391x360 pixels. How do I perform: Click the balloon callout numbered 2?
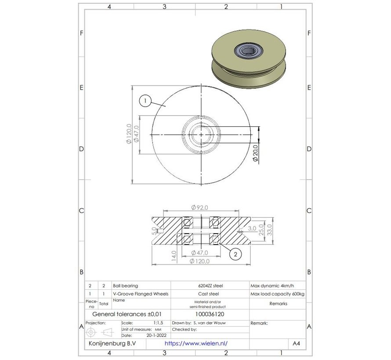(235, 254)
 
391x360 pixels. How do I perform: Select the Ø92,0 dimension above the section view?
(199, 208)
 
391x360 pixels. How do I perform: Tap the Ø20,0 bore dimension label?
(255, 154)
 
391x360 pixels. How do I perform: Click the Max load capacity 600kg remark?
(277, 294)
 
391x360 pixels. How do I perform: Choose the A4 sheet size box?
(297, 344)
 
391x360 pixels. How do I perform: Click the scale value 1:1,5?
(156, 323)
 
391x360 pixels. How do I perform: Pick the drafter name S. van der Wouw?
(210, 323)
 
